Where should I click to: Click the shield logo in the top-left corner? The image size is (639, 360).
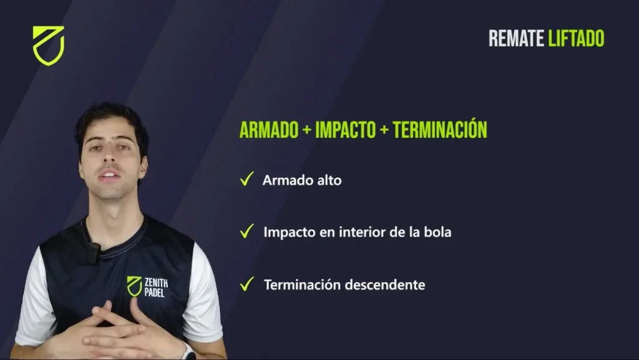pyautogui.click(x=49, y=46)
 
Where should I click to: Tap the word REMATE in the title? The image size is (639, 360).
pyautogui.click(x=516, y=38)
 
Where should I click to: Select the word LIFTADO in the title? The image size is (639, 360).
pyautogui.click(x=576, y=38)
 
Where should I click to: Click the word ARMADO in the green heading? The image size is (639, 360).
pyautogui.click(x=269, y=130)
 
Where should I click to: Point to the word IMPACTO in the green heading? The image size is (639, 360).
pyautogui.click(x=346, y=130)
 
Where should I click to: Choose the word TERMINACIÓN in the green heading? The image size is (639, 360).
pyautogui.click(x=440, y=129)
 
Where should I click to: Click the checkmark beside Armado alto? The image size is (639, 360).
pyautogui.click(x=247, y=179)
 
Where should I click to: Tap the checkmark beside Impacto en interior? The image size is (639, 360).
pyautogui.click(x=247, y=231)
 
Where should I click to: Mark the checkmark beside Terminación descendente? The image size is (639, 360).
pyautogui.click(x=247, y=283)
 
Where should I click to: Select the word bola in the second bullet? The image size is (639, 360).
pyautogui.click(x=437, y=232)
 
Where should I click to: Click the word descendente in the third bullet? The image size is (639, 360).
pyautogui.click(x=384, y=285)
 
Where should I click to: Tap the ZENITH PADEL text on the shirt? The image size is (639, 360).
pyautogui.click(x=156, y=287)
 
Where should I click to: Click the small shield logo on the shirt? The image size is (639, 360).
pyautogui.click(x=134, y=286)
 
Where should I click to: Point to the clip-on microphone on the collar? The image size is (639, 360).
pyautogui.click(x=94, y=253)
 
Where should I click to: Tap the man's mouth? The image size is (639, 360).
pyautogui.click(x=109, y=175)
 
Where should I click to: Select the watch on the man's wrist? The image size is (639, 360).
pyautogui.click(x=188, y=351)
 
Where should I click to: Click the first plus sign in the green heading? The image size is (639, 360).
pyautogui.click(x=307, y=130)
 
